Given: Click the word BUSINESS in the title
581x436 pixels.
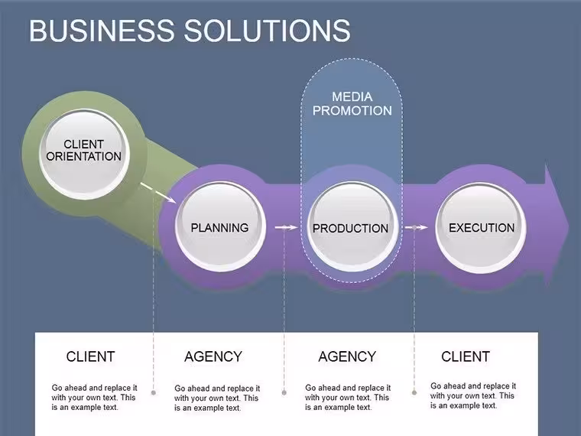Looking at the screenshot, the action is [102, 31].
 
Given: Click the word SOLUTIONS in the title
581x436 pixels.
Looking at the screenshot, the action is [267, 31].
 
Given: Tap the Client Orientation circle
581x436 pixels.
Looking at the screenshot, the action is [84, 154].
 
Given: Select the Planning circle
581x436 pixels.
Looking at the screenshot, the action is [220, 226].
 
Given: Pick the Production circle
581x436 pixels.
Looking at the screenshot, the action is [351, 227].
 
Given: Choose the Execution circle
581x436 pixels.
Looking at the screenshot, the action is [481, 227].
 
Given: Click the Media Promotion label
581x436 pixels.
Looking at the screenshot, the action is [352, 103].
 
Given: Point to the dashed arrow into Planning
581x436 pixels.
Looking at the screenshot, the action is [158, 193].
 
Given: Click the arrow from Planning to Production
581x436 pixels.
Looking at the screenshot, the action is [286, 227].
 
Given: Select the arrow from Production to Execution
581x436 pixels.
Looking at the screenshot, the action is [416, 227].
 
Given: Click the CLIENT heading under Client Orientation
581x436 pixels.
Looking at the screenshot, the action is [91, 356].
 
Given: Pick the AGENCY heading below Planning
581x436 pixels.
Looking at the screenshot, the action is [213, 356].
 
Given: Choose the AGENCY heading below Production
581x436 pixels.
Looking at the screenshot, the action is [347, 356].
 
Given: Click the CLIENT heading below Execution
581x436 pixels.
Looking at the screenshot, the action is [466, 356].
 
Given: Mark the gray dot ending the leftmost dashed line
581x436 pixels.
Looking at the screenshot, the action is [154, 392].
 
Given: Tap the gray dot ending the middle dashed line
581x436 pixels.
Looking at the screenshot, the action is [284, 392].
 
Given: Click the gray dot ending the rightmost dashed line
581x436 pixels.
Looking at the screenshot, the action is [414, 392].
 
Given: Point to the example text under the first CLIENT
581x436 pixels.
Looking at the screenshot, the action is [94, 398].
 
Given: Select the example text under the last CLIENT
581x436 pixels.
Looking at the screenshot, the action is [472, 396].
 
